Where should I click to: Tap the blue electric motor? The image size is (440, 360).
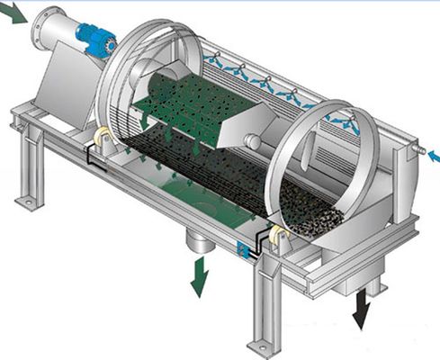[94, 39]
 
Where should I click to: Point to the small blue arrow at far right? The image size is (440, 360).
[433, 157]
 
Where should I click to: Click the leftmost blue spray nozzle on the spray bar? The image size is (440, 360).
[213, 61]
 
